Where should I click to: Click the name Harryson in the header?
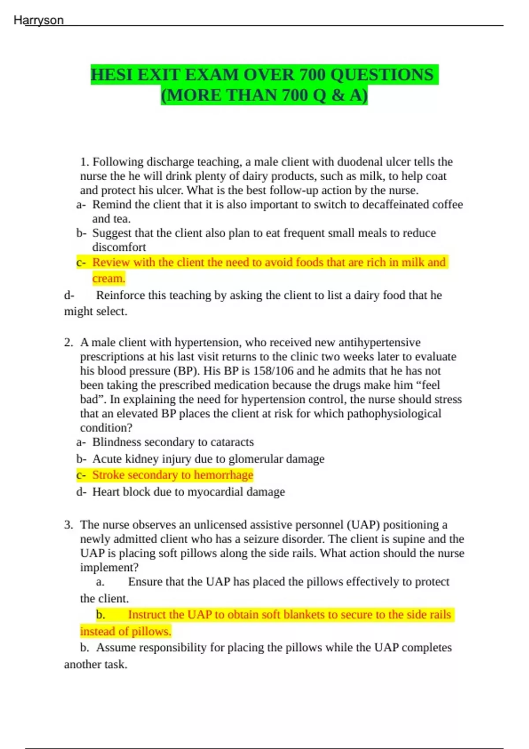[39, 20]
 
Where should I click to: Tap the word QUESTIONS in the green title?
[382, 75]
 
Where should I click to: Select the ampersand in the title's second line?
[338, 95]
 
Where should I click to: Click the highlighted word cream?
[108, 278]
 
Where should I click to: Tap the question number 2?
[68, 342]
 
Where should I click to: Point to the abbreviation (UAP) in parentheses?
[363, 525]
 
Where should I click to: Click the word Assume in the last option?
[115, 648]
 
